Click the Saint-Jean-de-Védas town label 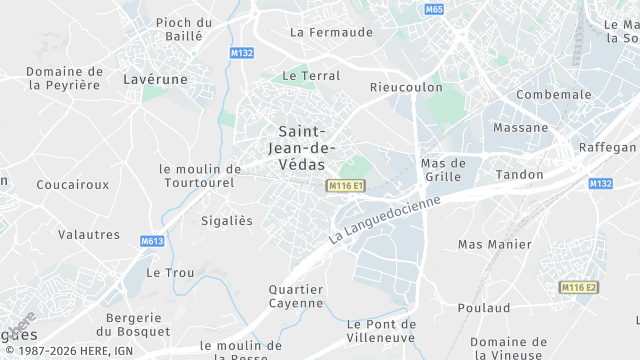301,148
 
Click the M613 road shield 152,241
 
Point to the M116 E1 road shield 346,187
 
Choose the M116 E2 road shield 579,288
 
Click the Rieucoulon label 406,87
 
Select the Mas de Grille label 444,170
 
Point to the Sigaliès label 227,220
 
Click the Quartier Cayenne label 296,296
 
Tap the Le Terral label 311,75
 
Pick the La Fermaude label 331,32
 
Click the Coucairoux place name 72,185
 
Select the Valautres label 89,235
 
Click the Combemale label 554,95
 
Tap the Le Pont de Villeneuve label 381,331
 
